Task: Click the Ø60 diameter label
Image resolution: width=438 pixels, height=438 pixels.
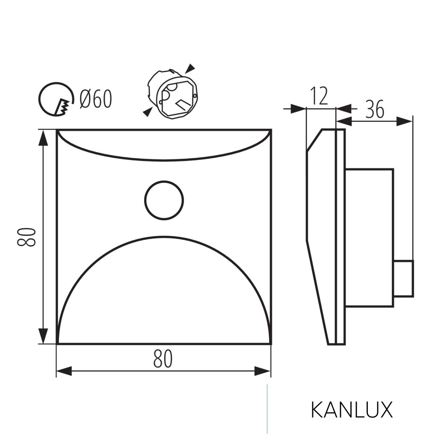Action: click(x=96, y=99)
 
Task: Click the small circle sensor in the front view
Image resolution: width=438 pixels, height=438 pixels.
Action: click(x=164, y=200)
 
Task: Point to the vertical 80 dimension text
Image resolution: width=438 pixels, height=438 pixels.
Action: click(x=27, y=237)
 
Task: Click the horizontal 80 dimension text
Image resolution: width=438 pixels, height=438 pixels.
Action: click(x=163, y=359)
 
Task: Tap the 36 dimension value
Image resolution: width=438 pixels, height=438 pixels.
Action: click(x=375, y=110)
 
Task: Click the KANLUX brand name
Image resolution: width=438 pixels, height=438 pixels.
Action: click(x=351, y=410)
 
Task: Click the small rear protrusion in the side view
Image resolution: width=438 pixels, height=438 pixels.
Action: click(x=403, y=278)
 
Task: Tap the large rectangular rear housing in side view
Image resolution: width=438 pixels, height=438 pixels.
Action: click(x=369, y=237)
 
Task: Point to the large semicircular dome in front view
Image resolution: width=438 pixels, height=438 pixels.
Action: click(x=164, y=295)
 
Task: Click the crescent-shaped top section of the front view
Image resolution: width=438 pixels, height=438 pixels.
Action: click(x=164, y=145)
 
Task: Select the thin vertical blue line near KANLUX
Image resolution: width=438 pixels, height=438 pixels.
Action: click(x=267, y=409)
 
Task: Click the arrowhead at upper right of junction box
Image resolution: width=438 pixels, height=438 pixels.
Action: click(x=191, y=68)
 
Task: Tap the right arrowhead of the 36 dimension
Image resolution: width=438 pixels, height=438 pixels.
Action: click(x=404, y=121)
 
